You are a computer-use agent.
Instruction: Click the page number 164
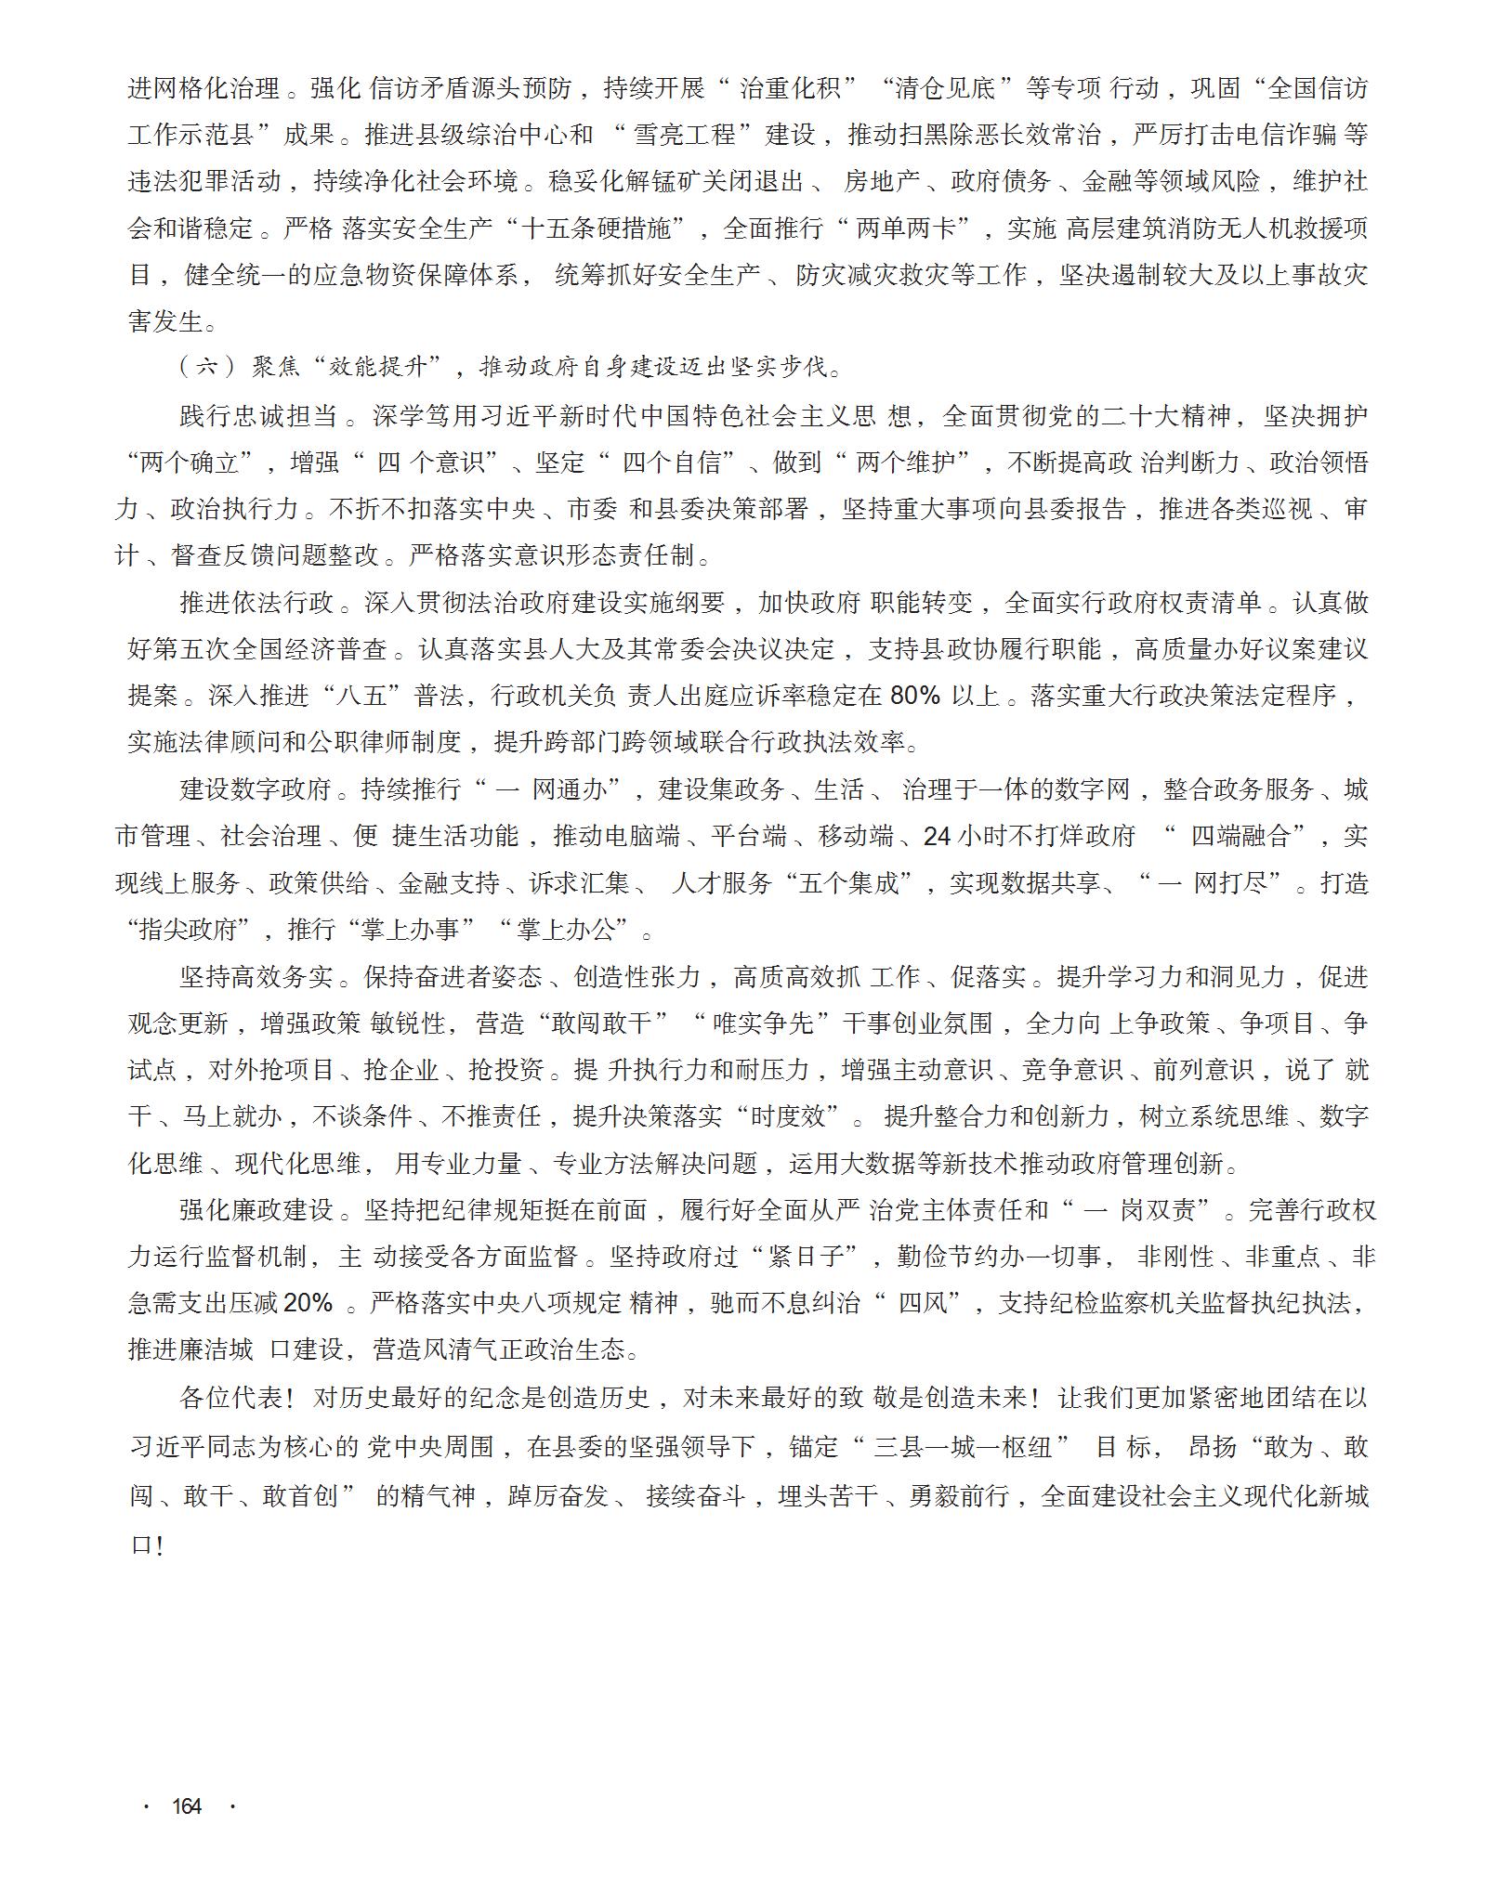point(187,1805)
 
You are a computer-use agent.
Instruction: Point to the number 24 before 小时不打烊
point(936,836)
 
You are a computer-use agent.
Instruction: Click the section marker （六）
point(207,366)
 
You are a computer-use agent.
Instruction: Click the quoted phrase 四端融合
point(1240,836)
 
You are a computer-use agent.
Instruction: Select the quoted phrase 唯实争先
point(763,1023)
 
